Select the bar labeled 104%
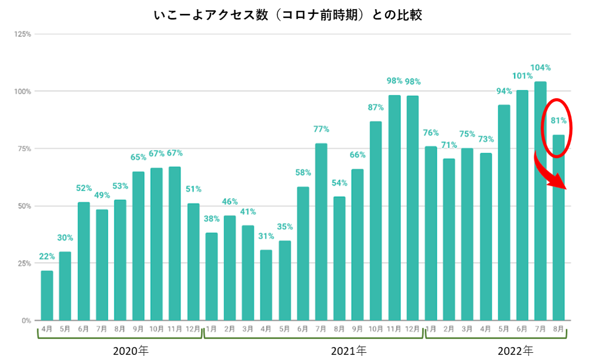[540, 201]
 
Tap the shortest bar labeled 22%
[47, 295]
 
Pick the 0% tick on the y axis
[26, 321]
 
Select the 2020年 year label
[130, 351]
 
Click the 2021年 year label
[349, 351]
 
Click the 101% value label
[522, 76]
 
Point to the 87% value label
[375, 107]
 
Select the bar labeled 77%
[321, 232]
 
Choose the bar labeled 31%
[266, 285]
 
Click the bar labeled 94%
[504, 212]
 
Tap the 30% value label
[65, 238]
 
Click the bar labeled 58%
[303, 254]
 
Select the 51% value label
[193, 189]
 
